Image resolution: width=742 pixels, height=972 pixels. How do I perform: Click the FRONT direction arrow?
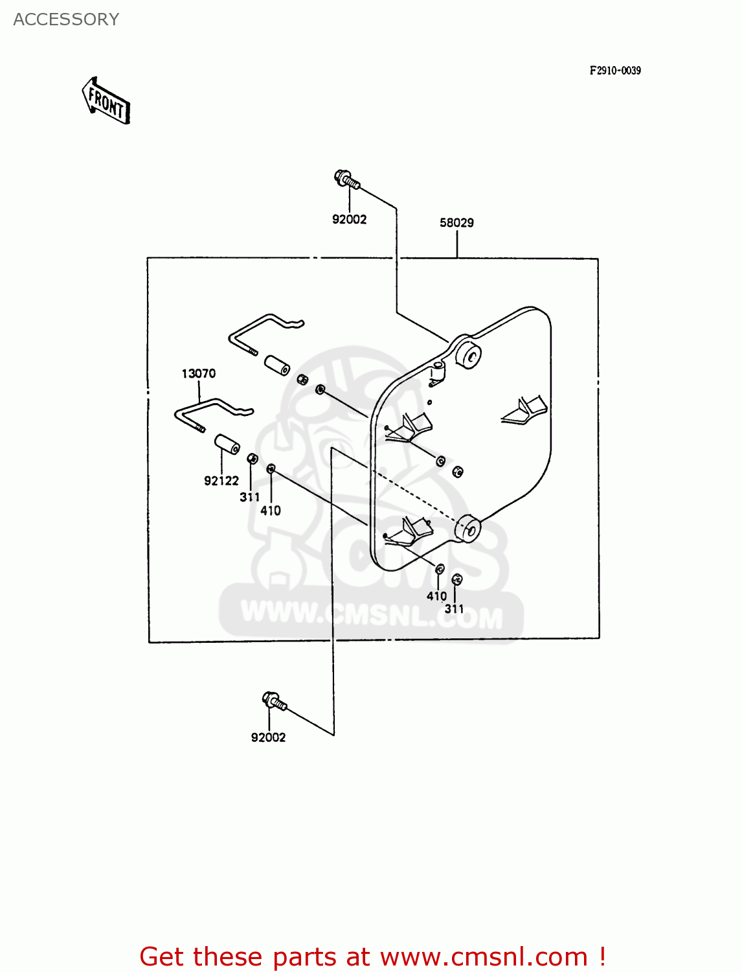(106, 101)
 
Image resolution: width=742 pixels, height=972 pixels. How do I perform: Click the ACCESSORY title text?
(66, 19)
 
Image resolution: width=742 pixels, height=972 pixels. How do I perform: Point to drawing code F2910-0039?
(614, 71)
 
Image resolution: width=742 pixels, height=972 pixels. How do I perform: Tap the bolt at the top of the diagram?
(346, 178)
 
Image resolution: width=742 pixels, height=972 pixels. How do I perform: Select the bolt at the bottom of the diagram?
(274, 701)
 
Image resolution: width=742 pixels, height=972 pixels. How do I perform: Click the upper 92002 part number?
(349, 220)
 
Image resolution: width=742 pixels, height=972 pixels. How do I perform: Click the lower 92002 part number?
(268, 737)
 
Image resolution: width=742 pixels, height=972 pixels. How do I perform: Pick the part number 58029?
(456, 223)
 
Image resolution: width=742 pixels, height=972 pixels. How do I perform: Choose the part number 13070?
(198, 374)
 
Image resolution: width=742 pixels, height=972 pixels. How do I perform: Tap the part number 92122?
(221, 481)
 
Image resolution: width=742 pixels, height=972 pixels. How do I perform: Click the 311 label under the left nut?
(249, 497)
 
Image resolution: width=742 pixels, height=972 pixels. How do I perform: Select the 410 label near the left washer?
(271, 511)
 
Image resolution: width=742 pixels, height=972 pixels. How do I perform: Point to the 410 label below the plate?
(437, 596)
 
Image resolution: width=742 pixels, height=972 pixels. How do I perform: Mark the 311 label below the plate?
(455, 608)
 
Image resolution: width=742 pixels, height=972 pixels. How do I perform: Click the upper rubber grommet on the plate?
(467, 353)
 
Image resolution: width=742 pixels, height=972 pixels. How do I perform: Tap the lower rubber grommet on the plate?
(467, 528)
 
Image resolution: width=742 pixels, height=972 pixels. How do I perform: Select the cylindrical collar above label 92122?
(227, 445)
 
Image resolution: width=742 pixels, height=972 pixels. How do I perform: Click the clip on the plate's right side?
(526, 411)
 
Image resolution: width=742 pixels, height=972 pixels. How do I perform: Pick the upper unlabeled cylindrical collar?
(276, 364)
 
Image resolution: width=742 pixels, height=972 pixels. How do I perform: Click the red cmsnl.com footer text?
(372, 956)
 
